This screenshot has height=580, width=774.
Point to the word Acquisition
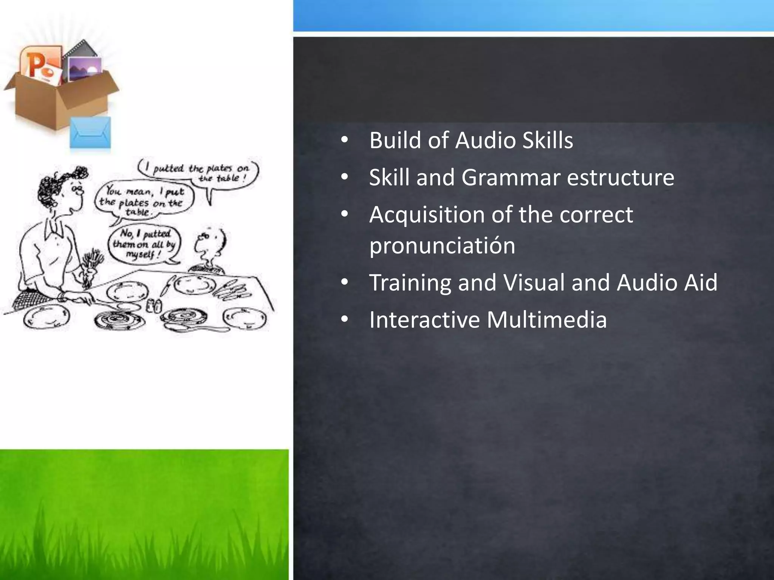pyautogui.click(x=426, y=215)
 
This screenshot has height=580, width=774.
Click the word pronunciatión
pyautogui.click(x=442, y=246)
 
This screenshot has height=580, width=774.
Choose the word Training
pyautogui.click(x=410, y=283)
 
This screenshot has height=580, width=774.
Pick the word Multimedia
pyautogui.click(x=546, y=320)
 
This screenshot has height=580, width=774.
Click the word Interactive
pyautogui.click(x=424, y=320)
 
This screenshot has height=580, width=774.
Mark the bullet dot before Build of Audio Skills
pyautogui.click(x=344, y=141)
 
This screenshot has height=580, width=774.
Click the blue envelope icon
pyautogui.click(x=91, y=133)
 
